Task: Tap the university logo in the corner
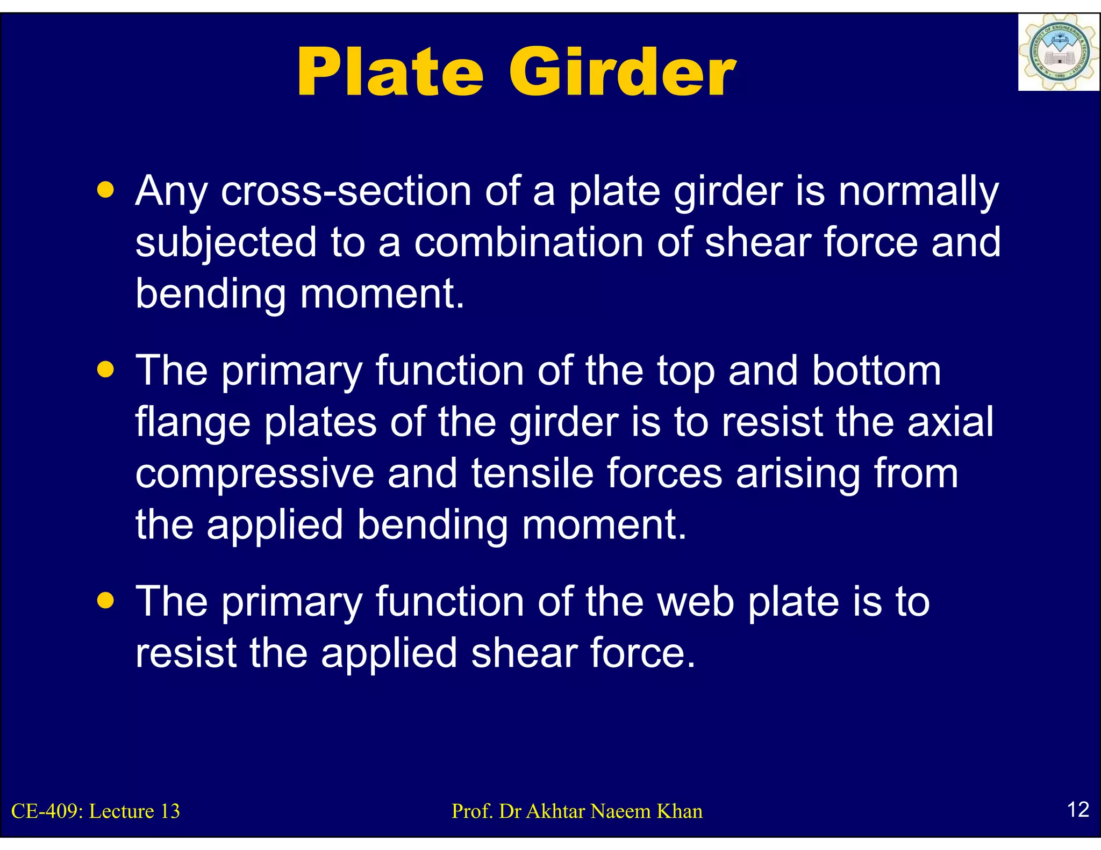(1058, 53)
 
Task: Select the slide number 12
(1078, 809)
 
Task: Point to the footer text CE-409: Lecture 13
(96, 811)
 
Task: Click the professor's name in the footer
(577, 811)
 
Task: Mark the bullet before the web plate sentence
(106, 600)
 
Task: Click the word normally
(918, 192)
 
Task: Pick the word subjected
(226, 243)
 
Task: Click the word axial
(950, 422)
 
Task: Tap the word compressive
(254, 474)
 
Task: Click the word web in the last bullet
(696, 601)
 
